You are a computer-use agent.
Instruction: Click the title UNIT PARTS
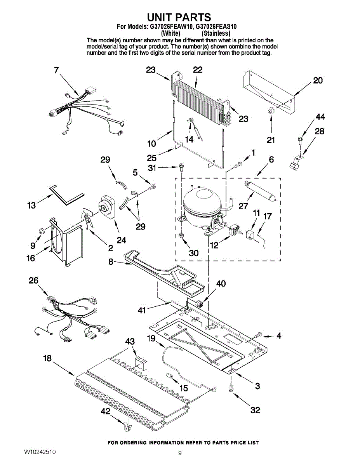click(x=179, y=17)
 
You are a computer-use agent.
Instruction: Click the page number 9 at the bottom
click(x=180, y=453)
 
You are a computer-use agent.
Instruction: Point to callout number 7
click(x=57, y=70)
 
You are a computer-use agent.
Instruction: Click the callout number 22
click(x=198, y=70)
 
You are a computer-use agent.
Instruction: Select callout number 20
click(x=318, y=80)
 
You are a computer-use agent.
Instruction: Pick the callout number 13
click(x=31, y=205)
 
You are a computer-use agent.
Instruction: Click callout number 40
click(x=221, y=284)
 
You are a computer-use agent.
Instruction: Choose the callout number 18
click(x=47, y=358)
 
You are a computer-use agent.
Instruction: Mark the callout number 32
click(x=255, y=410)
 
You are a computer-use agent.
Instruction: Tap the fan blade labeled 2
click(x=87, y=219)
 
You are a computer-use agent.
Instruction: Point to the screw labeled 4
click(x=258, y=334)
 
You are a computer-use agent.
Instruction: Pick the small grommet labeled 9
click(x=41, y=232)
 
